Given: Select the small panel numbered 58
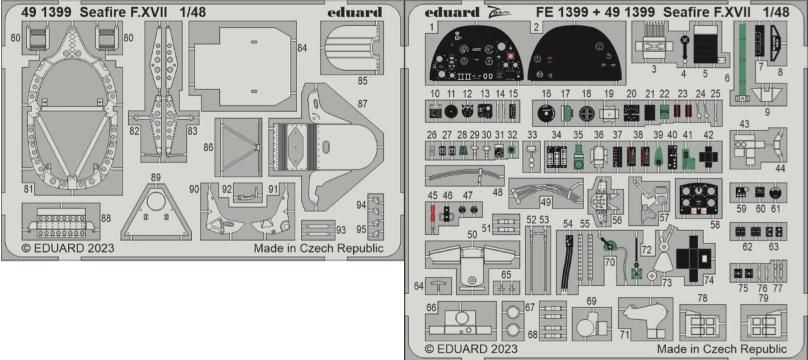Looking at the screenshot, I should (700, 196).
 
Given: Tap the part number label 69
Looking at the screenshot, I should (591, 301).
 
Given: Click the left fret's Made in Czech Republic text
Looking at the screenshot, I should (319, 249).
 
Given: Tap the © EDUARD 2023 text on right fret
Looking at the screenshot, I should (470, 349).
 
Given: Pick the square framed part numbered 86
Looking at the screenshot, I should (239, 147).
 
